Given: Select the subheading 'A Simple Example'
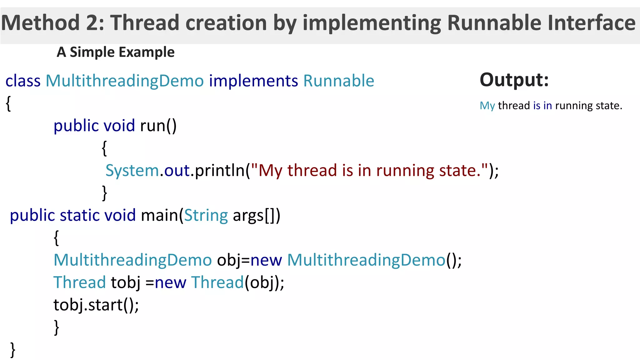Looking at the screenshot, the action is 115,52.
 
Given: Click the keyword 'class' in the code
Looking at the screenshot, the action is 23,81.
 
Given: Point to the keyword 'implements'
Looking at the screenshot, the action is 253,81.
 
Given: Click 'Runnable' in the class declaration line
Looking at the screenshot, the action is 339,81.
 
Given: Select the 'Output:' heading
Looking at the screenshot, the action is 514,80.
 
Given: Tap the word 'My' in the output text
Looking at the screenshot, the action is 487,106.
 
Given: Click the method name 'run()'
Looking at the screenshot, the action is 158,126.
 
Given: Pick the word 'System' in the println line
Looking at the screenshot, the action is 132,171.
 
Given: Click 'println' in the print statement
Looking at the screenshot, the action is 220,171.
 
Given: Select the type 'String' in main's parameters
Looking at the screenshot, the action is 206,215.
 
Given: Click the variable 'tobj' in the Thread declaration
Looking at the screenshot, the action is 126,282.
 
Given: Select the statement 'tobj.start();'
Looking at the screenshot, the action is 96,305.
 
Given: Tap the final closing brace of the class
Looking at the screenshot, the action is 12,349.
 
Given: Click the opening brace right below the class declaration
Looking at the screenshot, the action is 8,103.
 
